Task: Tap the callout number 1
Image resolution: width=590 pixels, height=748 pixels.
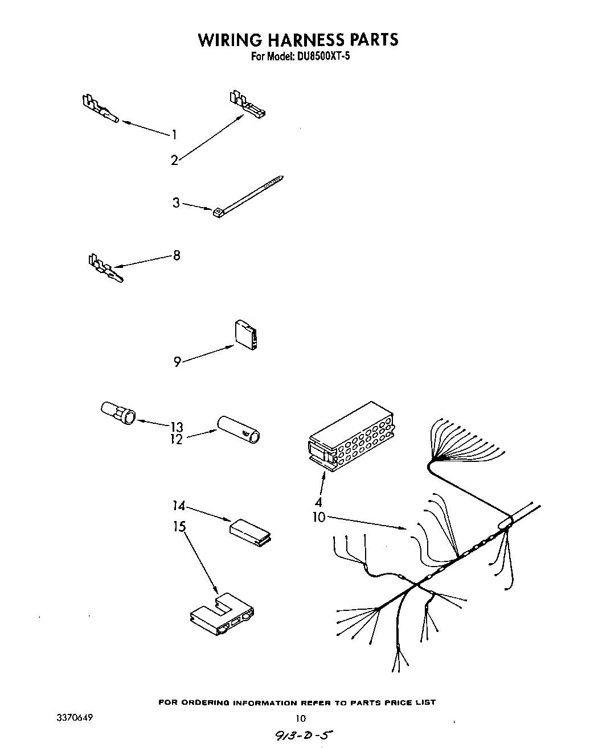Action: pyautogui.click(x=174, y=135)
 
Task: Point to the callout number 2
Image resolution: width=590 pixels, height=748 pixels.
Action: pyautogui.click(x=174, y=160)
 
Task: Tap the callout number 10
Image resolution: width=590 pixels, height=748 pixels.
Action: pyautogui.click(x=318, y=517)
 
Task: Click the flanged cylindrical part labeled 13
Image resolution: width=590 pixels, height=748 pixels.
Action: pyautogui.click(x=118, y=412)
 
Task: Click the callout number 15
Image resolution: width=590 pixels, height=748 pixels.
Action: pyautogui.click(x=179, y=527)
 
